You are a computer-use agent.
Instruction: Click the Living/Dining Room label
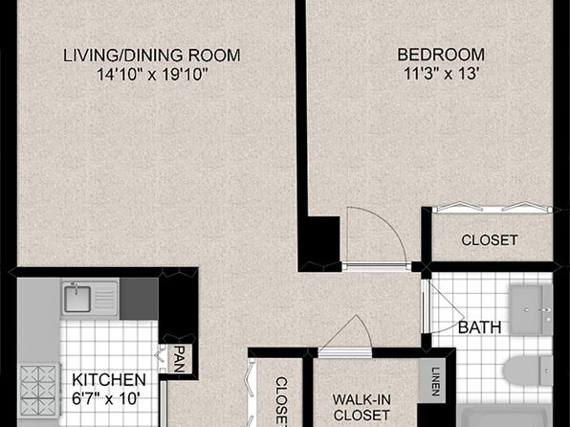(152, 56)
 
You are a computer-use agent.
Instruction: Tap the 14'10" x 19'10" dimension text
(152, 75)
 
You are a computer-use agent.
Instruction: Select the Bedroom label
(441, 55)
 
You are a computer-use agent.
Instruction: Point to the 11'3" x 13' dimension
(441, 74)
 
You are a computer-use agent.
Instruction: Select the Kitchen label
(109, 380)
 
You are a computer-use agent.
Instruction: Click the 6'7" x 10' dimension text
(106, 399)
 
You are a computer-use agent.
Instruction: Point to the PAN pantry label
(179, 359)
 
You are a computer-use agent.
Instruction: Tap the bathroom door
(444, 307)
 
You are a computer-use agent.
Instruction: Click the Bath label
(480, 327)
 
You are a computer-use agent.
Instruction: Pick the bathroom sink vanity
(531, 310)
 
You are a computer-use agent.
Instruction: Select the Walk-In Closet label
(362, 407)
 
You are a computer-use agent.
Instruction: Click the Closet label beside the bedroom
(490, 240)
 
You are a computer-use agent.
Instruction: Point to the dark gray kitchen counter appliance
(139, 300)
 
